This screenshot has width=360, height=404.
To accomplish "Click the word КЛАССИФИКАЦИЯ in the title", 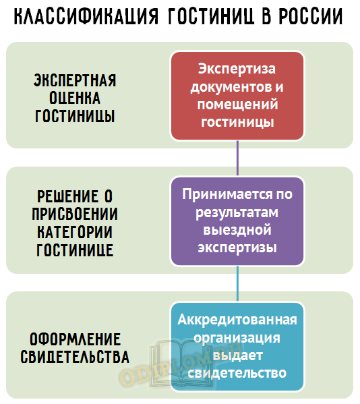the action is tap(86, 16).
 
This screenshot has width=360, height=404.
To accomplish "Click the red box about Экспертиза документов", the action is tap(237, 96).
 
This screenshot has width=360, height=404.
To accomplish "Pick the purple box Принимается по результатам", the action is tap(237, 221).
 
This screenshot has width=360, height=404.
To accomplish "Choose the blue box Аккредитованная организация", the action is tap(237, 347).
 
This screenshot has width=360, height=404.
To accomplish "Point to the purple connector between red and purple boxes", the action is tap(237, 158).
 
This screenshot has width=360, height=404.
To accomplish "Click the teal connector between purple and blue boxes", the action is tap(237, 284).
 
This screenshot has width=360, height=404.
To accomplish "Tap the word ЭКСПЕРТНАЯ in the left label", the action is tap(75, 80).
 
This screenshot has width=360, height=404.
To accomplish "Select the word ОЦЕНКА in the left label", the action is tap(75, 98).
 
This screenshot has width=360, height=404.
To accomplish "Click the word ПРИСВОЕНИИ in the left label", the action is tap(75, 214).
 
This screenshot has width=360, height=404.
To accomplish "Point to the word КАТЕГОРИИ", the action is tap(75, 232).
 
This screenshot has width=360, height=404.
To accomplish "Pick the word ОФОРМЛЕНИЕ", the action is tap(75, 339).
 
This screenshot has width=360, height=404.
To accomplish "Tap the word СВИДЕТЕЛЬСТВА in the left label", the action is tap(75, 357).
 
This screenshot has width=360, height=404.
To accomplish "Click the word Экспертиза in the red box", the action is tap(237, 69).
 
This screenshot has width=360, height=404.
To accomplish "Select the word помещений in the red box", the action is tap(237, 105).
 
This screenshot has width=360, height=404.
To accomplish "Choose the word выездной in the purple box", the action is tap(237, 230).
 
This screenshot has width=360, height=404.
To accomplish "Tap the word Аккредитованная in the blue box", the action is tap(237, 320).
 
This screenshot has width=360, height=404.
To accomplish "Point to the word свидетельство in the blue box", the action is tap(237, 373).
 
